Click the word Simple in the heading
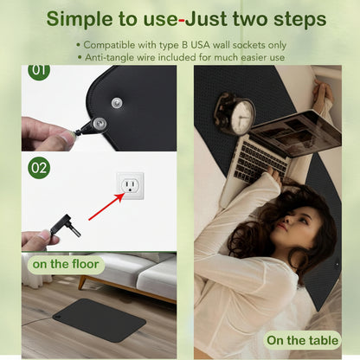(80, 19)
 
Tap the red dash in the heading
(182, 21)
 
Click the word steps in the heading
(300, 20)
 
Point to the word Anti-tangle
(109, 57)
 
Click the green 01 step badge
(39, 70)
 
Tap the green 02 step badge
(39, 168)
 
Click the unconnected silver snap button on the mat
(117, 102)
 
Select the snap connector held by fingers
(92, 127)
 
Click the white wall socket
(130, 186)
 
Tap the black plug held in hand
(65, 226)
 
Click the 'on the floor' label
(66, 264)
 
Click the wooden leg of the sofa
(82, 282)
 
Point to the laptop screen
(297, 133)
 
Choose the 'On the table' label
(302, 340)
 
